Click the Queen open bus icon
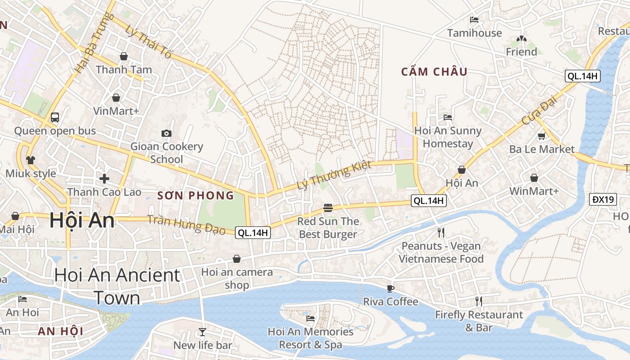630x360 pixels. tap(55, 117)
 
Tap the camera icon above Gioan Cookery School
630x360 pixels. tap(166, 133)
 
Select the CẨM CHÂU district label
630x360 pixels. tap(434, 72)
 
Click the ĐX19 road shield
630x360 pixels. tap(603, 199)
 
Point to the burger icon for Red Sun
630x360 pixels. tap(328, 208)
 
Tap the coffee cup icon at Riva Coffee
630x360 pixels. tap(390, 288)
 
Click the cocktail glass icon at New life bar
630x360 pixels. tap(202, 332)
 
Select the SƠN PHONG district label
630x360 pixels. tap(196, 195)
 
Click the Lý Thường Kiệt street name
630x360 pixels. tap(334, 175)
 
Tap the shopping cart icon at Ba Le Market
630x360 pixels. tap(541, 136)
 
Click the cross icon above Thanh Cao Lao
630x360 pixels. tap(104, 179)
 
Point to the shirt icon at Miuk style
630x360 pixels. tap(31, 160)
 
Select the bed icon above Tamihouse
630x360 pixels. tap(474, 20)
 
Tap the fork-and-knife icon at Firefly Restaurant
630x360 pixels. tap(478, 301)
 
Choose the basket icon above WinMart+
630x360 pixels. tap(534, 178)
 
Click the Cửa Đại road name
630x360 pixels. tap(540, 112)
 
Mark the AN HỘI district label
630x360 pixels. tap(60, 332)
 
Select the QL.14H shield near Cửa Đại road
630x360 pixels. tap(582, 76)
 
